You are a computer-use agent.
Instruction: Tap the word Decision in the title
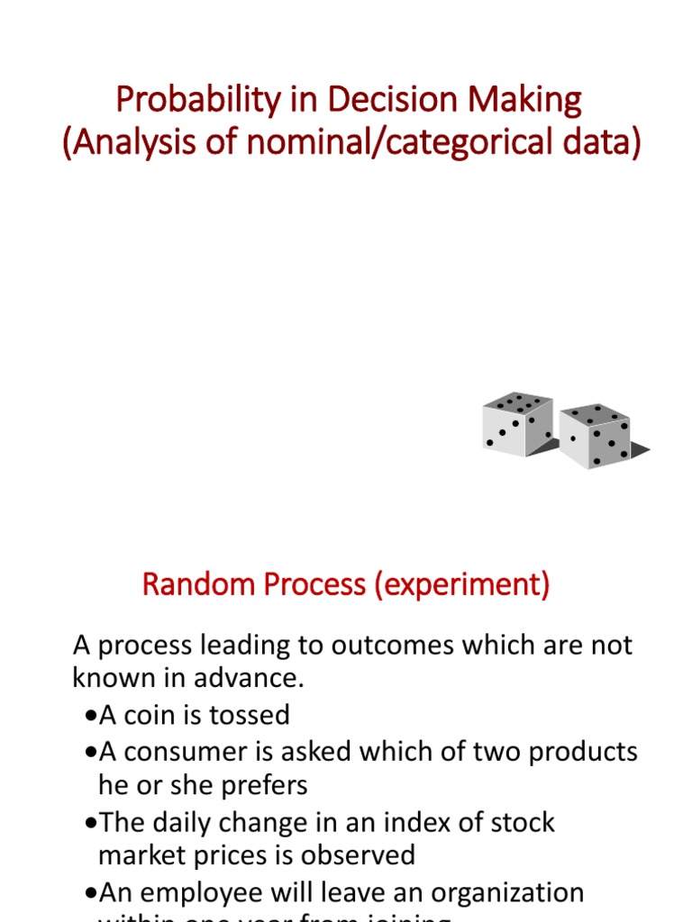coord(360,100)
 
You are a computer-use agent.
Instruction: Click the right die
coord(595,435)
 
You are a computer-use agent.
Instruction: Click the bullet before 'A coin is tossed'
coord(88,716)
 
